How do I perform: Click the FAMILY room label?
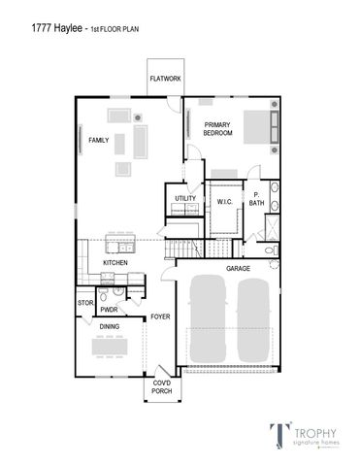pos(98,141)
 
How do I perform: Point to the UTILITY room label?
pos(185,198)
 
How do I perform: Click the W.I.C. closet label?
pos(224,202)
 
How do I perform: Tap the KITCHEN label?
pos(116,262)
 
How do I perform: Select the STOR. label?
pos(85,303)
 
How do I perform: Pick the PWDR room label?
pos(109,311)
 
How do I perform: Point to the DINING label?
pos(109,327)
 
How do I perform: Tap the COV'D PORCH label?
pos(162,389)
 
